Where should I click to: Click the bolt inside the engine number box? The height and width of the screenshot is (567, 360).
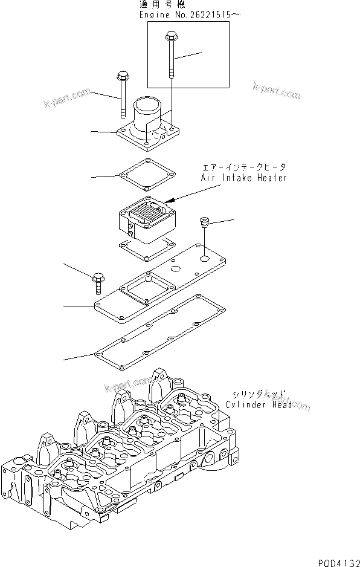170,57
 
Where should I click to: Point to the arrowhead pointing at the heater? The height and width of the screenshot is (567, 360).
173,199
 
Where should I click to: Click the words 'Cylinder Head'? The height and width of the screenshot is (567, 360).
259,404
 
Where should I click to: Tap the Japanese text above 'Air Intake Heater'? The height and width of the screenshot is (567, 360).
245,166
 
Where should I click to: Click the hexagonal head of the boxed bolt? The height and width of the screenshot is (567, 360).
169,37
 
